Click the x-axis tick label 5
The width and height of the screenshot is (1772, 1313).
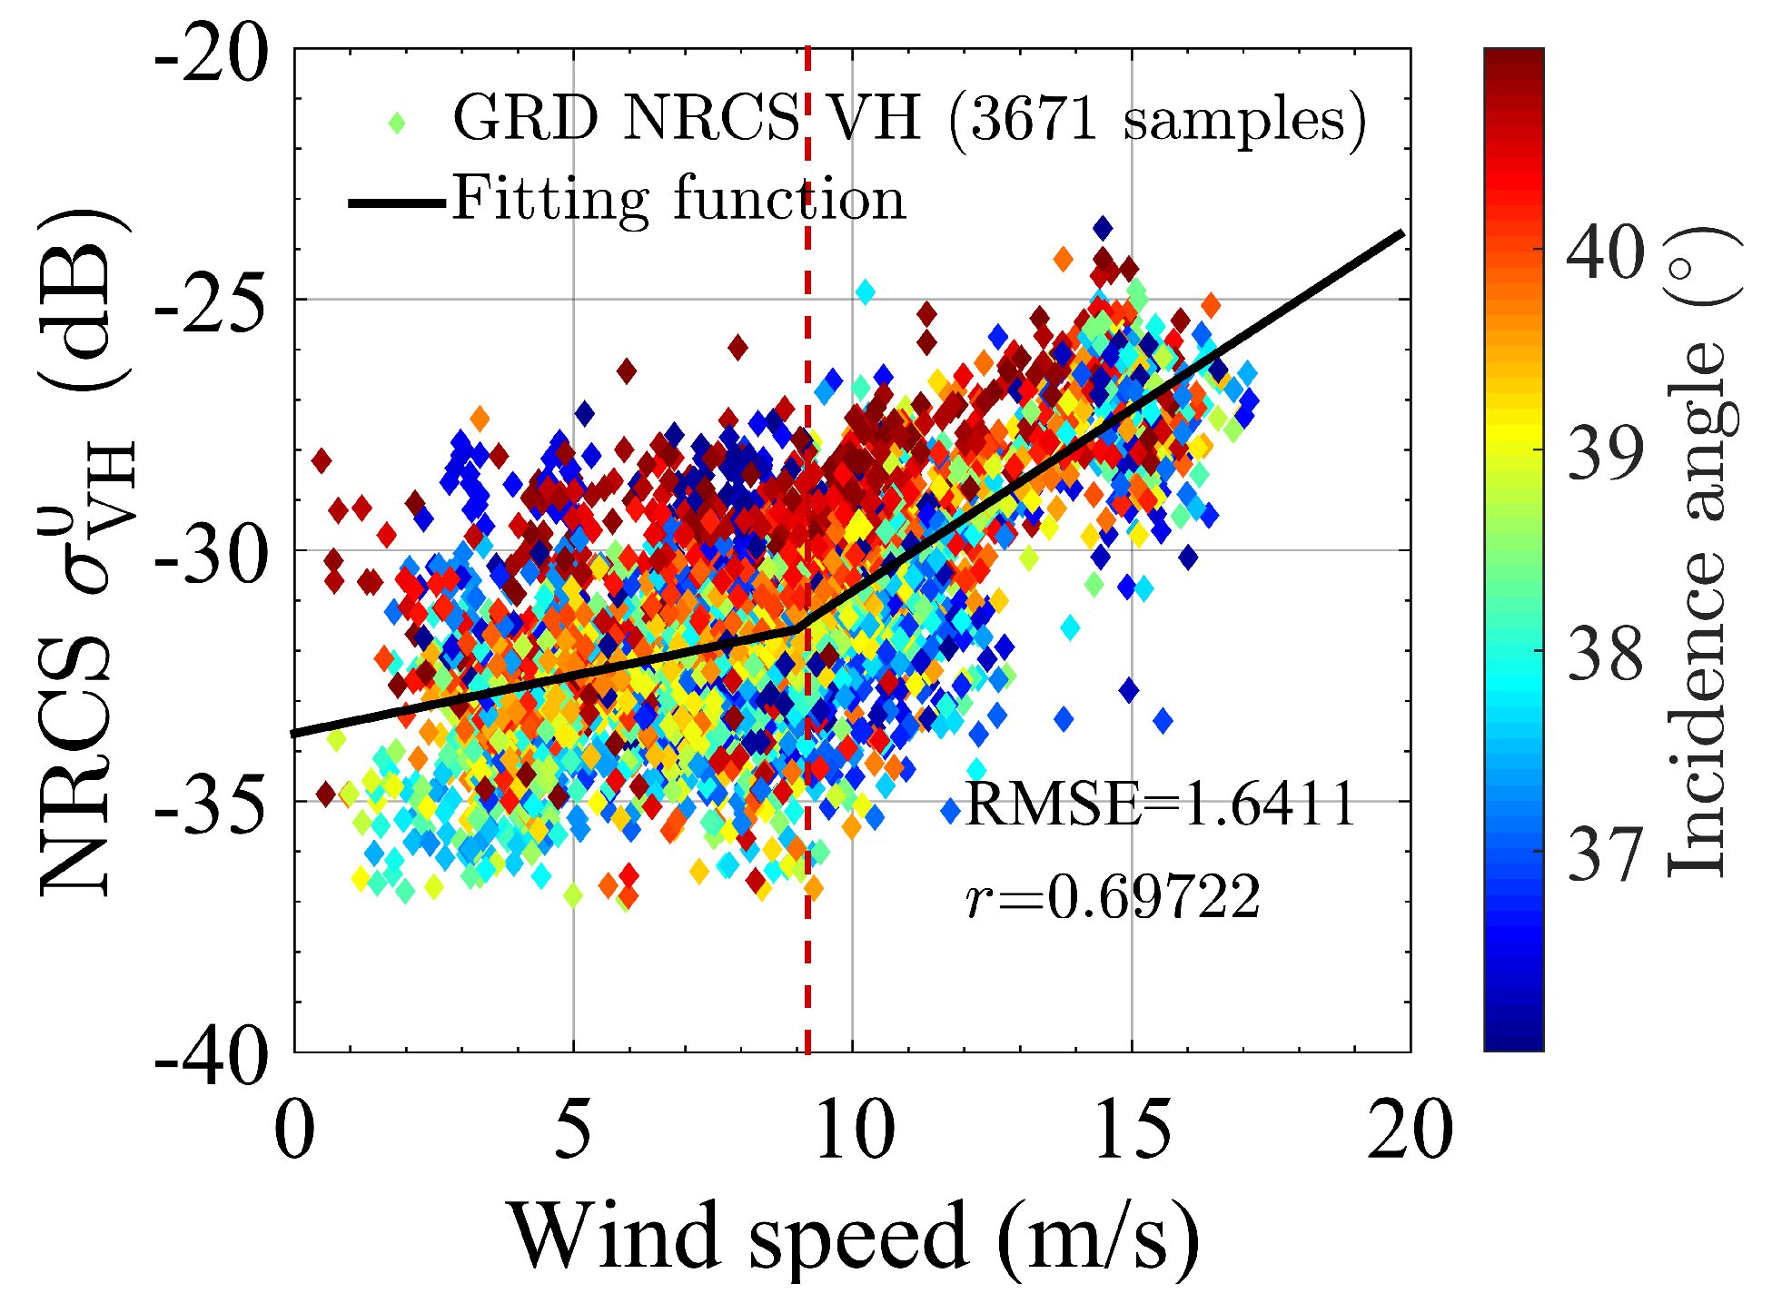point(572,1131)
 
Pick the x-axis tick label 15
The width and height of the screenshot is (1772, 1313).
point(1132,1131)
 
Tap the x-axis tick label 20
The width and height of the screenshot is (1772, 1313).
point(1410,1131)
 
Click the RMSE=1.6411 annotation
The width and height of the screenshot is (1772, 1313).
point(1160,805)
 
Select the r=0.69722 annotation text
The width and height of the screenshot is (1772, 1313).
point(1113,898)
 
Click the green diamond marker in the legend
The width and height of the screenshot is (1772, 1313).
point(396,121)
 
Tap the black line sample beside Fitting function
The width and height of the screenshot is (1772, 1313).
point(396,202)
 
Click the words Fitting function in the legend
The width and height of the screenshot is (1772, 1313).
point(678,199)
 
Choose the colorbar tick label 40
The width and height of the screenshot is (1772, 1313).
point(1605,252)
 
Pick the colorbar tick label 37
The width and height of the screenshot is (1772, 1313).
point(1605,854)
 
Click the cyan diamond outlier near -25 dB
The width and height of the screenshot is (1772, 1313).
point(865,291)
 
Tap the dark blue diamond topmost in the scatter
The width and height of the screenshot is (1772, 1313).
point(1103,227)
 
